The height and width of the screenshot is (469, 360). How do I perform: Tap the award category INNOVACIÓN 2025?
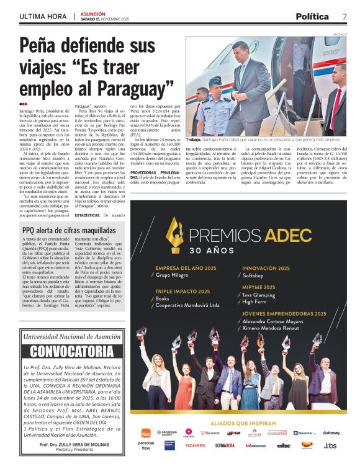click(267, 267)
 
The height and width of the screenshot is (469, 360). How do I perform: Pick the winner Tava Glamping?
click(262, 295)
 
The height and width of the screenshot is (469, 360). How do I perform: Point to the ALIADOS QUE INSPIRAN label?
click(239, 423)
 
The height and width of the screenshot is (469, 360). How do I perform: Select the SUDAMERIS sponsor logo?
click(195, 445)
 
